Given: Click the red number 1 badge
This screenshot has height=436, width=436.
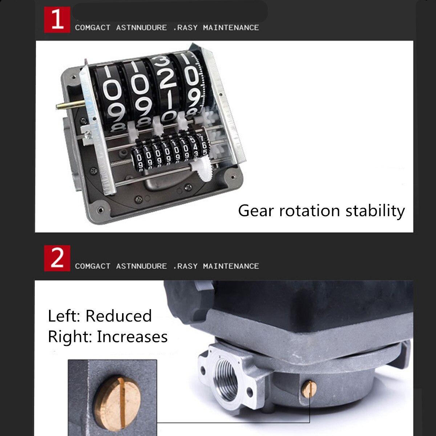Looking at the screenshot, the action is (57, 20).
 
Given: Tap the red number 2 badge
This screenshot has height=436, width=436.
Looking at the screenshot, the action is (57, 258).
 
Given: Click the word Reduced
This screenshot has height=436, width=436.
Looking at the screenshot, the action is (118, 316).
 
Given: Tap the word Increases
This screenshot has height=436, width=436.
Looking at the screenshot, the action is (132, 336).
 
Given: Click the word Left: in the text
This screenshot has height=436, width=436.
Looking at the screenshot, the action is (64, 316).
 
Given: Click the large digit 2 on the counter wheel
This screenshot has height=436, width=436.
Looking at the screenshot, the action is (167, 78).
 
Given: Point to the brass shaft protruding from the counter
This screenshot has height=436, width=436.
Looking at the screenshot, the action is (70, 105).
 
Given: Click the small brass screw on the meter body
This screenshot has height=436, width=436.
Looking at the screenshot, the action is (309, 389).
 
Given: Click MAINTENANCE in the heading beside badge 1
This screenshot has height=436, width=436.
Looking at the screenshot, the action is (231, 28).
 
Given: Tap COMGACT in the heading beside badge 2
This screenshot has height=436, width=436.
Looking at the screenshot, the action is (93, 266).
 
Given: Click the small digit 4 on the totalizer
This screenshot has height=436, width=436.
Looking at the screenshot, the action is (195, 147).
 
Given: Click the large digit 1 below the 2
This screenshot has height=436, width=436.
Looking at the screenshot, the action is (170, 100).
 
